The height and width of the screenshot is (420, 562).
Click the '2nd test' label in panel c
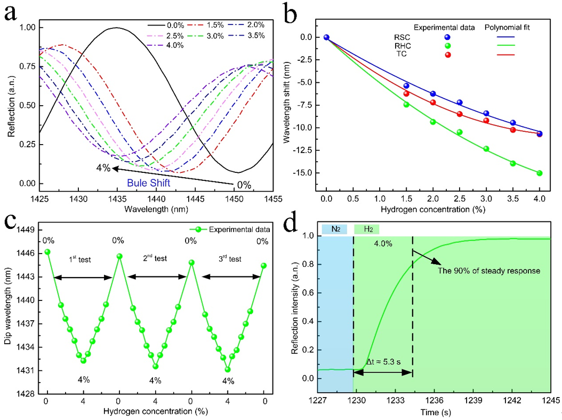155,259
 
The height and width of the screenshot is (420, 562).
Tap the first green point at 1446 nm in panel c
47,252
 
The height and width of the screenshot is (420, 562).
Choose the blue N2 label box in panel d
334,229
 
